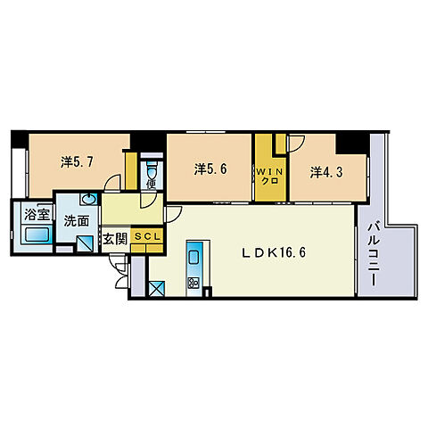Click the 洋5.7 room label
click(77, 162)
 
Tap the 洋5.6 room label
click(210, 169)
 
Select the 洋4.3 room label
click(326, 172)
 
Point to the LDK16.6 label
click(274, 253)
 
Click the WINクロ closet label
click(270, 177)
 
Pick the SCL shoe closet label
click(147, 236)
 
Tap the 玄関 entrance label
click(115, 239)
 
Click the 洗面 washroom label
click(77, 221)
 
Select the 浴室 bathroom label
click(37, 214)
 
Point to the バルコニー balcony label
click(374, 254)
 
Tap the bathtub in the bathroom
click(37, 235)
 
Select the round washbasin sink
click(88, 200)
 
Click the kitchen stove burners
click(193, 283)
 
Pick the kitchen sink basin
click(193, 257)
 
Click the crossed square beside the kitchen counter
click(156, 288)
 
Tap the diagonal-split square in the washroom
click(85, 243)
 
